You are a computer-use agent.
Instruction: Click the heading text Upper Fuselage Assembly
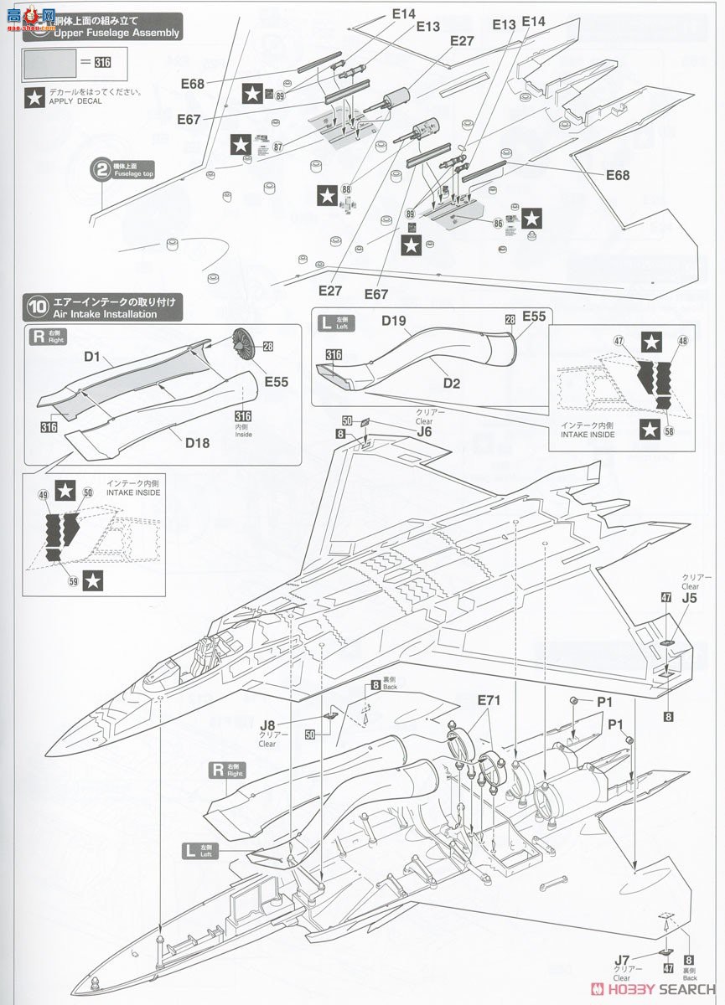pyautogui.click(x=117, y=33)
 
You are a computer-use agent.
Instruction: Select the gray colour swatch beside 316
pyautogui.click(x=49, y=62)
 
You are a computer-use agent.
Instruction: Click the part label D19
pyautogui.click(x=393, y=320)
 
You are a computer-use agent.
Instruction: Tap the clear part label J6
pyautogui.click(x=424, y=431)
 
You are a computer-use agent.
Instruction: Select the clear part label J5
pyautogui.click(x=689, y=598)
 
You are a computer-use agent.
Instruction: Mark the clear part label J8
pyautogui.click(x=268, y=726)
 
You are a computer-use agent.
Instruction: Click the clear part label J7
pyautogui.click(x=621, y=960)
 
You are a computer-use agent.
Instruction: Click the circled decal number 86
pyautogui.click(x=499, y=224)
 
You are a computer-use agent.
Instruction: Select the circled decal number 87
pyautogui.click(x=277, y=147)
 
